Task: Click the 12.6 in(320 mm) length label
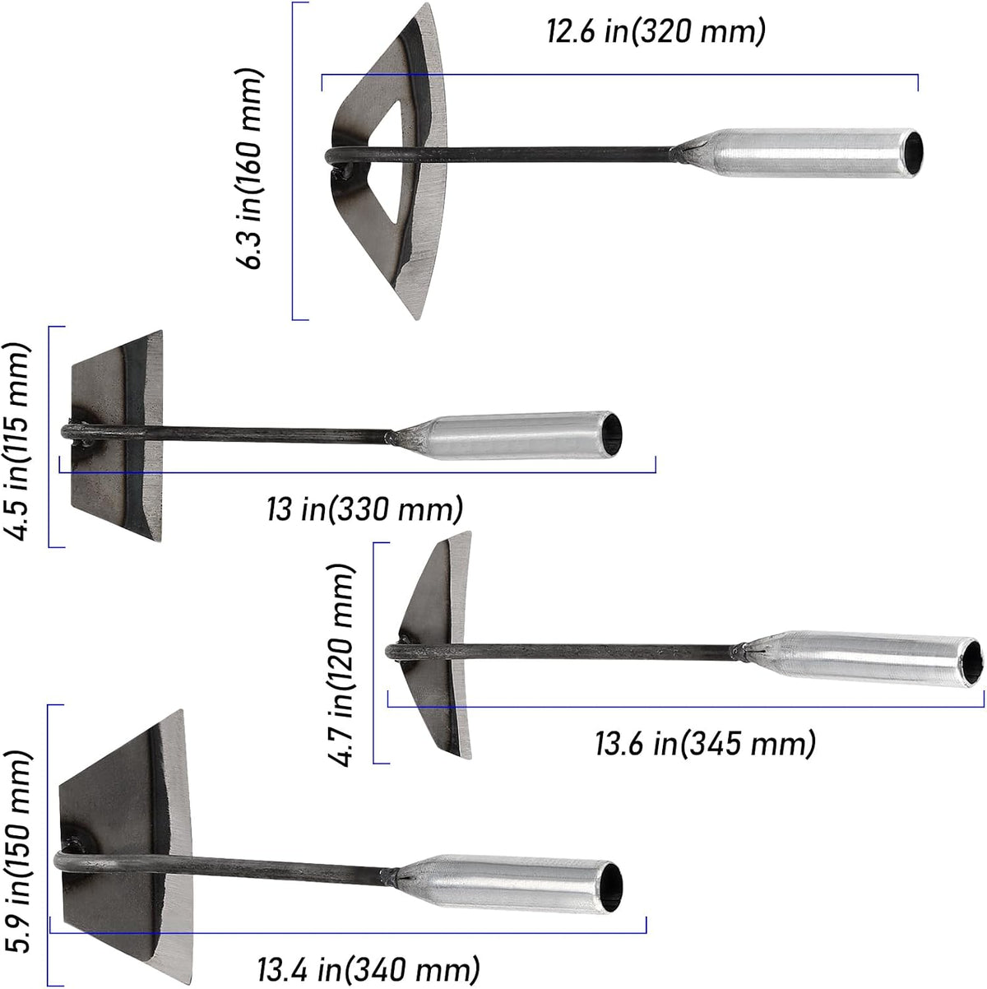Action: click(x=656, y=31)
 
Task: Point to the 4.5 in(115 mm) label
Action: click(x=17, y=441)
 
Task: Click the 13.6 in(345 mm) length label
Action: click(x=705, y=743)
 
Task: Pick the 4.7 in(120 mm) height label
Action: click(x=341, y=666)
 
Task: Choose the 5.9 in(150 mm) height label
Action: click(x=17, y=851)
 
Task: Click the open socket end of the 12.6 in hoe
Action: click(x=913, y=152)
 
